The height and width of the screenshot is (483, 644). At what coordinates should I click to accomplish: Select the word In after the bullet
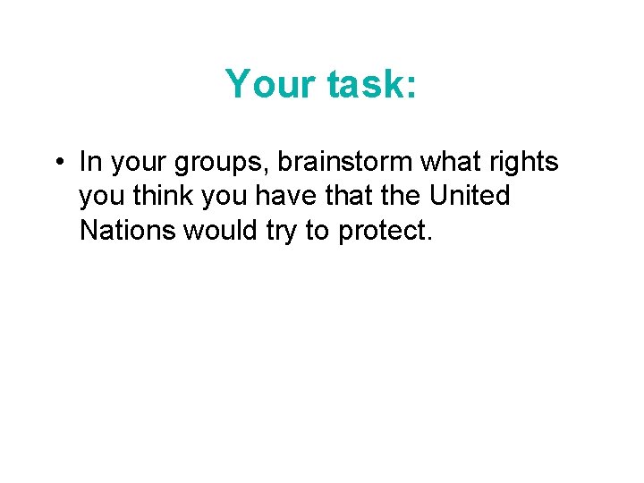(89, 162)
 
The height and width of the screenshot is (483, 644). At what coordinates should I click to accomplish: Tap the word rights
(519, 164)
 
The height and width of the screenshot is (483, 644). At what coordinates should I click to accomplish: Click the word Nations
(128, 230)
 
